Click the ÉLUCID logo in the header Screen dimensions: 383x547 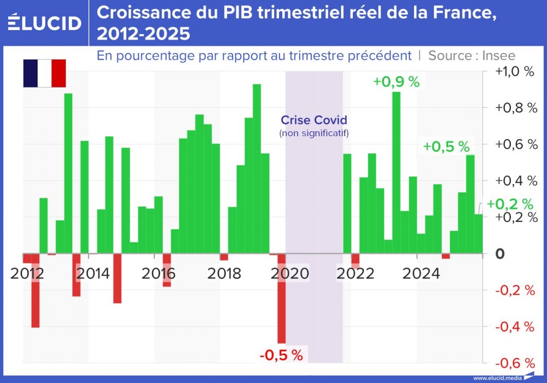[x=45, y=22]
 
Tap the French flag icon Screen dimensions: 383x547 [x=44, y=73]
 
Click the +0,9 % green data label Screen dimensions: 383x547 [x=396, y=82]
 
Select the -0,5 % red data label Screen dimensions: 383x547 [x=281, y=355]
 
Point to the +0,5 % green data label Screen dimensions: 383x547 [x=446, y=146]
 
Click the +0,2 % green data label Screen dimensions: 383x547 [x=510, y=204]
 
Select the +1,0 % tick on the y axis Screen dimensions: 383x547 [x=514, y=72]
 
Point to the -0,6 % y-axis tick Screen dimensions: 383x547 [x=515, y=363]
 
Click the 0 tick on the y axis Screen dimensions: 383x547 [x=500, y=254]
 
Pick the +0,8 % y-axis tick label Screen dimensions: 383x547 [x=514, y=108]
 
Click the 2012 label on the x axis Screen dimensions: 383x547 [x=27, y=273]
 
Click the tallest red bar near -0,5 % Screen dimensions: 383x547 [x=282, y=298]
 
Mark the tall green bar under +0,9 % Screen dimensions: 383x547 [x=397, y=172]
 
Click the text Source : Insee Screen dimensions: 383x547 [x=472, y=55]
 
